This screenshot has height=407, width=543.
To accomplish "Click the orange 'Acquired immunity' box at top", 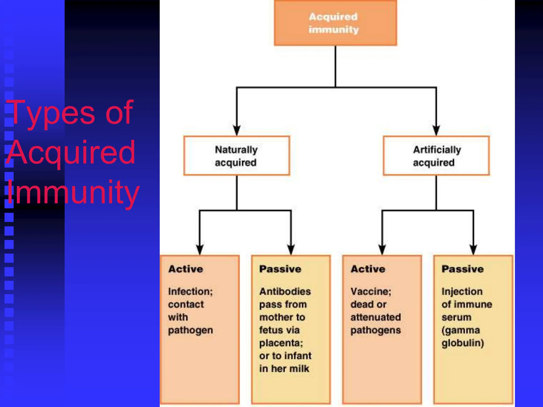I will pos(335,23).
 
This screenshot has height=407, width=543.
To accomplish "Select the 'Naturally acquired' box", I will pos(236,156).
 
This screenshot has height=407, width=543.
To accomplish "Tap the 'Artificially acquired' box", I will pos(436,156).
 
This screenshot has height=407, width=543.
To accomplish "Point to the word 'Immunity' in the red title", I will pos(73,192).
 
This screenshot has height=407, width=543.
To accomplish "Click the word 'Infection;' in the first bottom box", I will pos(190,291).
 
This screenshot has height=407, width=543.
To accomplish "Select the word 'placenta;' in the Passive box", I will pos(281,343).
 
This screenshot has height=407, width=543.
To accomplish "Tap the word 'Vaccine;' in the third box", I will pos(371,291).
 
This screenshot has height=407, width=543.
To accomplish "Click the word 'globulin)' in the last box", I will pos(463,343).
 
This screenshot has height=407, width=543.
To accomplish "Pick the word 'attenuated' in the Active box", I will pos(375,317).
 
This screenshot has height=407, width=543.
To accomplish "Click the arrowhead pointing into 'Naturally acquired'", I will pos(237,130).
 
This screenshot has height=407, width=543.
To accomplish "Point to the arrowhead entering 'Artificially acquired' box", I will pos(436,130).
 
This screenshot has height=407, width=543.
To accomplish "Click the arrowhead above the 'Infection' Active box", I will pos(200,250).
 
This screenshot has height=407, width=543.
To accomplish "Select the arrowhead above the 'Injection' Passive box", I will pos(473,250).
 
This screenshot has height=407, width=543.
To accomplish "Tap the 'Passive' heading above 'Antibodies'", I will pos(280,269).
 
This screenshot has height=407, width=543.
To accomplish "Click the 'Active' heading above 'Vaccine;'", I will pos(368,269).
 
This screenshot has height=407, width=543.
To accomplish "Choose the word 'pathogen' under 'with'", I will pos(190,330).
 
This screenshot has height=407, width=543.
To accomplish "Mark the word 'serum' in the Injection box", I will pos(456,317).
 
